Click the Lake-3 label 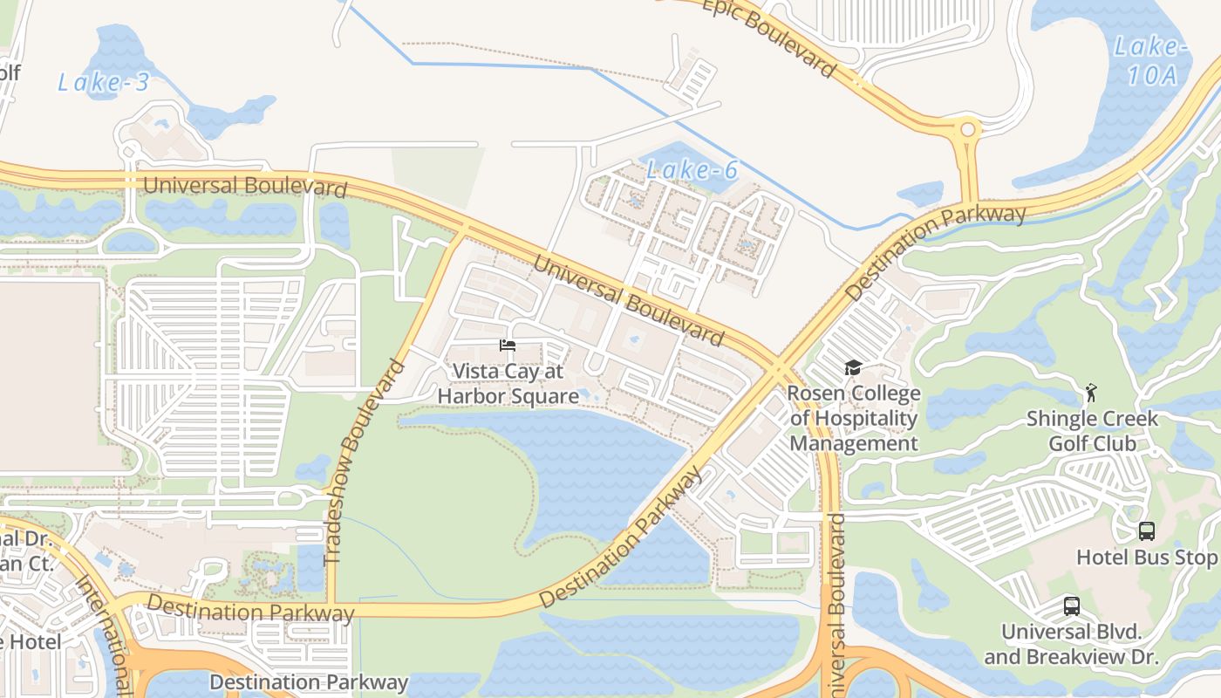103,83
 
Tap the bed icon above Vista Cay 507,346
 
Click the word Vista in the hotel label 476,372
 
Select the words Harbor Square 508,396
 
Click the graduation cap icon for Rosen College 853,368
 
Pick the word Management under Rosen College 854,443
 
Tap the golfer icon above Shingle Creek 1090,393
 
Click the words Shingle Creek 1092,419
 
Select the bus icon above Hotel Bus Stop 1146,530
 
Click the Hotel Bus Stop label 1146,557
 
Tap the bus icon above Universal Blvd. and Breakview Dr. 1071,606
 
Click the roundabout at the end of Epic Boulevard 967,131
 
